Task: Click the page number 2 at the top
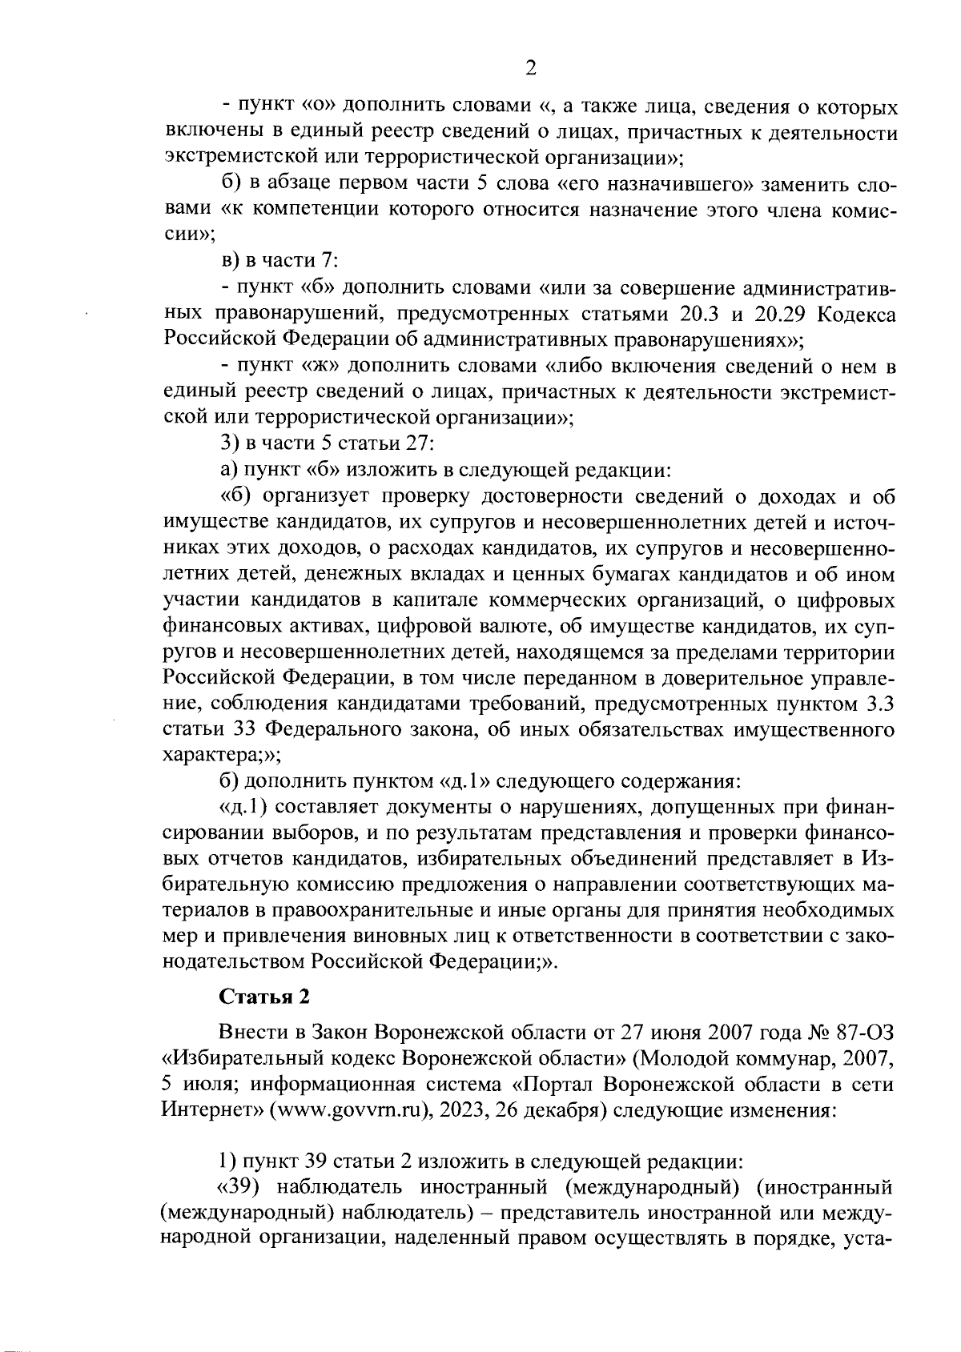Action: tap(529, 68)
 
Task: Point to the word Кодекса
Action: tap(854, 314)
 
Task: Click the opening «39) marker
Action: tap(238, 1188)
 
